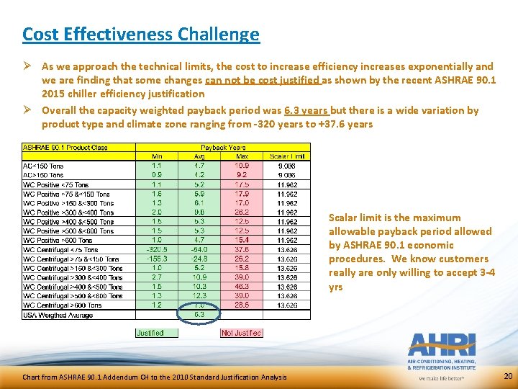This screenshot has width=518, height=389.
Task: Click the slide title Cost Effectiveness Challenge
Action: (140, 34)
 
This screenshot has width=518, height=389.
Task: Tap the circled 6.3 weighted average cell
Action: (199, 314)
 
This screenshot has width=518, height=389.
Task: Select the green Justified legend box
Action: (151, 333)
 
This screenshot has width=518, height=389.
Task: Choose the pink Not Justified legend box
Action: (241, 333)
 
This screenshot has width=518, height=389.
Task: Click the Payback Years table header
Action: (223, 147)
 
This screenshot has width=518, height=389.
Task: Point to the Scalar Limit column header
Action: (287, 156)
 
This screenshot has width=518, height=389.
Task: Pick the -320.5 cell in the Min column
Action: (155, 250)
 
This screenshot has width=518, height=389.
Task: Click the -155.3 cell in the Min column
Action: (155, 259)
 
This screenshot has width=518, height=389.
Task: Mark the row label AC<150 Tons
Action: (45, 166)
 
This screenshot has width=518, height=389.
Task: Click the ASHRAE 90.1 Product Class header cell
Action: (66, 147)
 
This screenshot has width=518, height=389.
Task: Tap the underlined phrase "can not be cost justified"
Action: (263, 80)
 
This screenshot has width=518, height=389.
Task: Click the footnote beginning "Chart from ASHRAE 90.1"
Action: (154, 377)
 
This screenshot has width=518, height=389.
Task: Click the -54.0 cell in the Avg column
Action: (199, 250)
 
